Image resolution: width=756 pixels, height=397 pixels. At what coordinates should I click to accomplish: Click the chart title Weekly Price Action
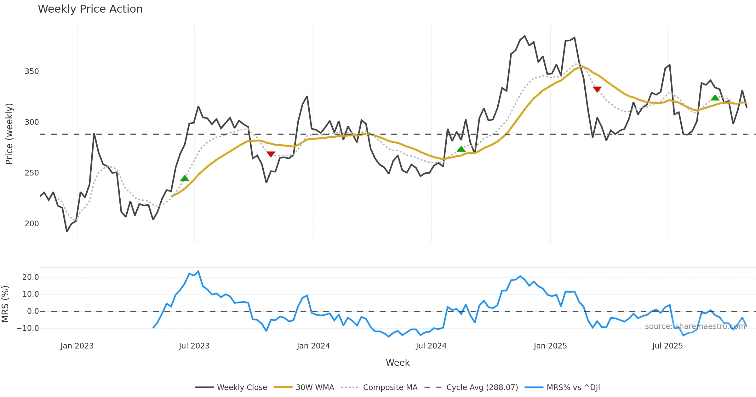pyautogui.click(x=90, y=9)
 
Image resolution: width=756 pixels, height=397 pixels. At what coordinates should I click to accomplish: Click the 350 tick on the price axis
pyautogui.click(x=32, y=72)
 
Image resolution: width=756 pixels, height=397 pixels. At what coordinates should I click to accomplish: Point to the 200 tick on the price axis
pyautogui.click(x=32, y=224)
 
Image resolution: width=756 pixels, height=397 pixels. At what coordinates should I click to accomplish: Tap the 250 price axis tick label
pyautogui.click(x=32, y=173)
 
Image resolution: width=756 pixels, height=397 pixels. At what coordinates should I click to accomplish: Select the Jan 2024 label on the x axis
pyautogui.click(x=313, y=346)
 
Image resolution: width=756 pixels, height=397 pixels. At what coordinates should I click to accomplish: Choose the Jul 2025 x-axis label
pyautogui.click(x=667, y=346)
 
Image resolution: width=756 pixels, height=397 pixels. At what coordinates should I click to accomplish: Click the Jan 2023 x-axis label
pyautogui.click(x=77, y=346)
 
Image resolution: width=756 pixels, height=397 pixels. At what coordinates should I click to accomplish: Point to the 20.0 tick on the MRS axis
pyautogui.click(x=31, y=277)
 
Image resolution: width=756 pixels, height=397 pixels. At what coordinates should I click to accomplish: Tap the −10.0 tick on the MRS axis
pyautogui.click(x=28, y=328)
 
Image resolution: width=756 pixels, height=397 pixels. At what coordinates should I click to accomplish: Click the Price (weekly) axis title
pyautogui.click(x=9, y=134)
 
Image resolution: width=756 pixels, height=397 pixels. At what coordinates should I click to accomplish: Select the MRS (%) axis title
pyautogui.click(x=5, y=304)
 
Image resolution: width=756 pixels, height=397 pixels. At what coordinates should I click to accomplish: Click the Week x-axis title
pyautogui.click(x=398, y=363)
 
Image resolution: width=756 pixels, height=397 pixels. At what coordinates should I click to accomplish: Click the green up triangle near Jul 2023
pyautogui.click(x=185, y=178)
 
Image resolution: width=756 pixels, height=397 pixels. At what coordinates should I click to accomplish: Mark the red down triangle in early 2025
pyautogui.click(x=597, y=89)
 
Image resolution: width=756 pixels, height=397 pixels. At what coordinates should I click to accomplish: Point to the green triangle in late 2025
pyautogui.click(x=715, y=98)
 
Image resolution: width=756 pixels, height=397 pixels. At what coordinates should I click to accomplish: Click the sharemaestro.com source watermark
pyautogui.click(x=695, y=326)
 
